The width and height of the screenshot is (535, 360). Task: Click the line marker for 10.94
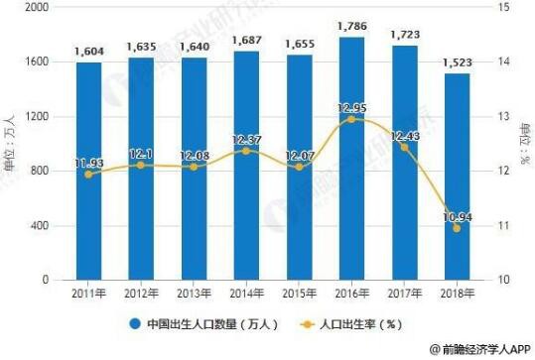click(x=456, y=228)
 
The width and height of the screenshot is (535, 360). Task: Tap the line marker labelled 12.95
click(x=350, y=119)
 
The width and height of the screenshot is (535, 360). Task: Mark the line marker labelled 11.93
click(x=88, y=175)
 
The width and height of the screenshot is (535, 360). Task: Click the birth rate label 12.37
click(x=245, y=137)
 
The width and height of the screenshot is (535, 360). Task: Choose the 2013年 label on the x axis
click(x=193, y=295)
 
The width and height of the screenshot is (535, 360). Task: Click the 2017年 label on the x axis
click(x=402, y=295)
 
